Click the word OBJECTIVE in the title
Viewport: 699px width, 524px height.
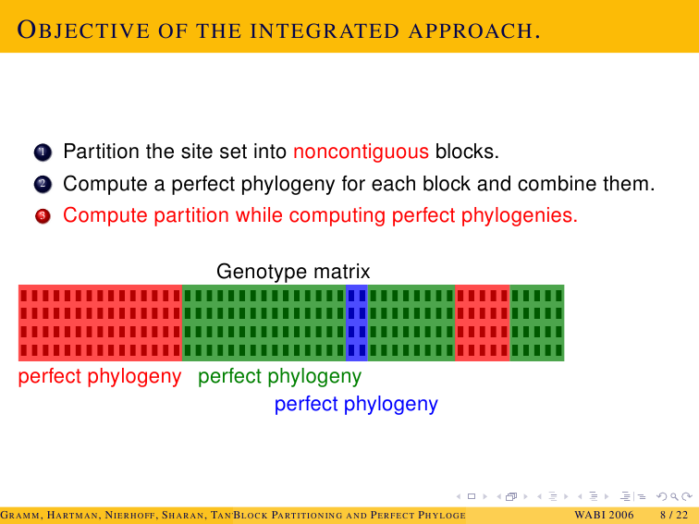(x=83, y=30)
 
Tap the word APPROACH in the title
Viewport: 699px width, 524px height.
(x=474, y=31)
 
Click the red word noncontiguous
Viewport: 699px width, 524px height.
(x=362, y=152)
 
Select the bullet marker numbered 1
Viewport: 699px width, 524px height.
(x=43, y=152)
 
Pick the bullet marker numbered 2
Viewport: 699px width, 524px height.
(x=43, y=184)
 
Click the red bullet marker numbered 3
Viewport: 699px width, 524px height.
(x=43, y=216)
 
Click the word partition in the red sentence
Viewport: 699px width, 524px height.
(x=190, y=215)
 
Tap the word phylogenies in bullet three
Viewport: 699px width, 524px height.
(x=520, y=215)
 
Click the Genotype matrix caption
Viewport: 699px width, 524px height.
(x=293, y=271)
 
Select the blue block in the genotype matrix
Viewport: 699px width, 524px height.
(x=357, y=323)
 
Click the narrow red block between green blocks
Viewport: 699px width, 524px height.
(x=483, y=323)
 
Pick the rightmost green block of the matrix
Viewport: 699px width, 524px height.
(x=536, y=323)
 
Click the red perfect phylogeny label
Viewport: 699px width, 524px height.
(x=100, y=377)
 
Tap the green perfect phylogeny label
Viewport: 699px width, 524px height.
(x=279, y=377)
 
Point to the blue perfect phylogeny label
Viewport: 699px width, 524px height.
(x=356, y=405)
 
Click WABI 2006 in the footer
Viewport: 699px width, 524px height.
(x=604, y=515)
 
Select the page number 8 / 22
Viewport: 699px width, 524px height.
(x=674, y=515)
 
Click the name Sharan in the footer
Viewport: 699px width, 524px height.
(x=183, y=516)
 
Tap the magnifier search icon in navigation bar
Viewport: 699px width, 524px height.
(x=674, y=496)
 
